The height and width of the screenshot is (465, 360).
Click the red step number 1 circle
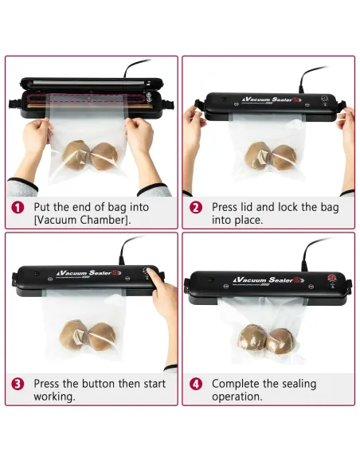(18, 207)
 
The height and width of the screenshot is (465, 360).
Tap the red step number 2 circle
(196, 207)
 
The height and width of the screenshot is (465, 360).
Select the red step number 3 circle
(18, 384)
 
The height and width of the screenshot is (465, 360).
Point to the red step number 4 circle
(196, 384)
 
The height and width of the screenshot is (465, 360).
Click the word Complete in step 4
(236, 384)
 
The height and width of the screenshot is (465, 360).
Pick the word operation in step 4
(237, 397)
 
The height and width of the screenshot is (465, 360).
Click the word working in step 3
(54, 397)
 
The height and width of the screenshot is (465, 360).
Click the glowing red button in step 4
(331, 278)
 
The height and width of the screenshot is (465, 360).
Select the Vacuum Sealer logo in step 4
(268, 280)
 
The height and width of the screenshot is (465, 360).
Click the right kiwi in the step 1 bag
(104, 157)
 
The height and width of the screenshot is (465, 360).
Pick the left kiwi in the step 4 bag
(252, 339)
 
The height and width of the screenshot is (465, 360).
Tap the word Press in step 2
(224, 207)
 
